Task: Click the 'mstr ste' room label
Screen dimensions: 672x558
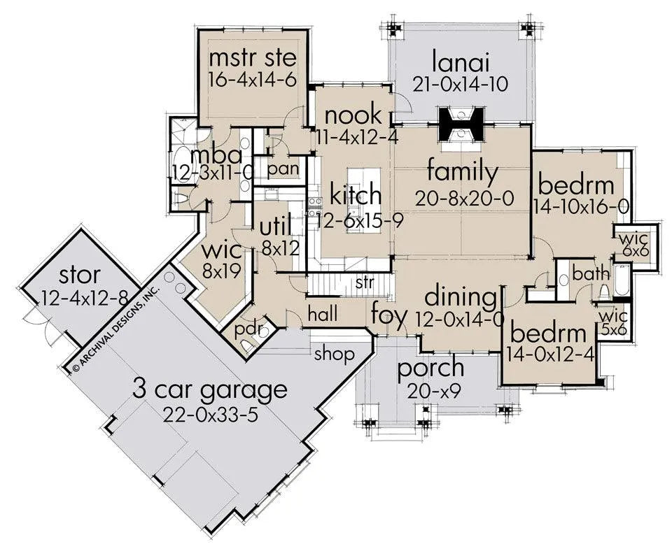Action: pyautogui.click(x=253, y=58)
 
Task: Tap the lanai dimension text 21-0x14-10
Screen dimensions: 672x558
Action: pyautogui.click(x=461, y=84)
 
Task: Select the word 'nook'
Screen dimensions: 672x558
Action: pyautogui.click(x=353, y=115)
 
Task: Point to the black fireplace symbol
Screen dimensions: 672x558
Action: pyautogui.click(x=461, y=124)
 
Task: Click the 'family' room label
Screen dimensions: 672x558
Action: pyautogui.click(x=463, y=173)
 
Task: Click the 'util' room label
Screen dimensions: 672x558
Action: pyautogui.click(x=276, y=227)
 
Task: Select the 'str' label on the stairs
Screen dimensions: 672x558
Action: pyautogui.click(x=365, y=282)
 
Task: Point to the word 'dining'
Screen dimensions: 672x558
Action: pyautogui.click(x=461, y=296)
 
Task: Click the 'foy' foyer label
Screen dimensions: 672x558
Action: pyautogui.click(x=388, y=315)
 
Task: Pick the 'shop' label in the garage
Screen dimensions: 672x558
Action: pyautogui.click(x=335, y=354)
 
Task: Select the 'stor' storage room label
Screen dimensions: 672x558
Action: pyautogui.click(x=80, y=275)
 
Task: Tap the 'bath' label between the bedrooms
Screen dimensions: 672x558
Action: pyautogui.click(x=591, y=273)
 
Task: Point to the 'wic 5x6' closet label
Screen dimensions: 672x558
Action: pyautogui.click(x=613, y=323)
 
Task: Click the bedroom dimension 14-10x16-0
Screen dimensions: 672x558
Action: pyautogui.click(x=581, y=208)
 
